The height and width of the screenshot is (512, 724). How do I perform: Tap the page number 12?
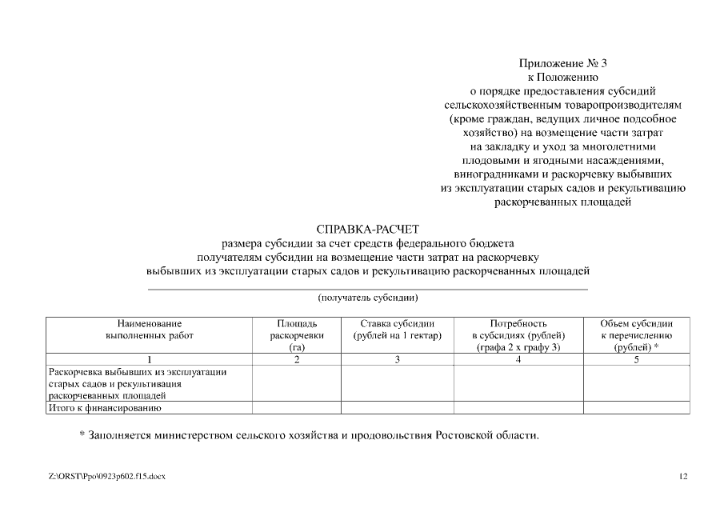[682, 477]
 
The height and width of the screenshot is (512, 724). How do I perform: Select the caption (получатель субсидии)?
[368, 298]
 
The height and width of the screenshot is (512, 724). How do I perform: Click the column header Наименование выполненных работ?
[149, 330]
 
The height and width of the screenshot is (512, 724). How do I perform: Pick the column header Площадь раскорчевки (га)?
[297, 335]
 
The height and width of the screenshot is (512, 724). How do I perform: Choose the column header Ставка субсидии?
[398, 330]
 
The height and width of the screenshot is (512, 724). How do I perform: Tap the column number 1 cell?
[149, 360]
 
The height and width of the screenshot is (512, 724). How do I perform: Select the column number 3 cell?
[398, 360]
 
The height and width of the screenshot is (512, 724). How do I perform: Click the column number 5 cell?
[636, 360]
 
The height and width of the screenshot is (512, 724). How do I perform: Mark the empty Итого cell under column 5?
[636, 408]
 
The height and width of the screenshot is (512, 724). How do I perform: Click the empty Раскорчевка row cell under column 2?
[297, 383]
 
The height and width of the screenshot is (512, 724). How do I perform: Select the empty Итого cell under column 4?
[518, 408]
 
